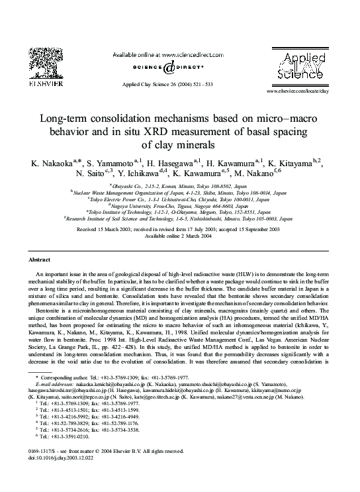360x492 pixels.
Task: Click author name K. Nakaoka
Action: [x=50, y=162]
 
